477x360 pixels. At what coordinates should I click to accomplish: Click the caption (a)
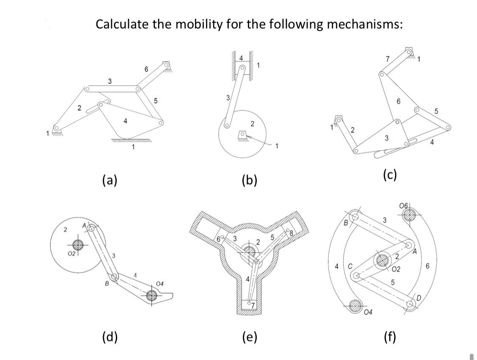(110, 180)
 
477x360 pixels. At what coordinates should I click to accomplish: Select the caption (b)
(250, 180)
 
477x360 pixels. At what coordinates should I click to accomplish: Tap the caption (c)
(389, 174)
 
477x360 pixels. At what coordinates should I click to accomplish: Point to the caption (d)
(110, 337)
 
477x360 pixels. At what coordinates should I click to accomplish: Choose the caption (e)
(250, 337)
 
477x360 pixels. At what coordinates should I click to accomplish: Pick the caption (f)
(389, 337)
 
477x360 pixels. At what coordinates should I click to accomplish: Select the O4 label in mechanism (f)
(368, 313)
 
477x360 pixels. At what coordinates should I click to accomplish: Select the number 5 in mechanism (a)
(155, 101)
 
